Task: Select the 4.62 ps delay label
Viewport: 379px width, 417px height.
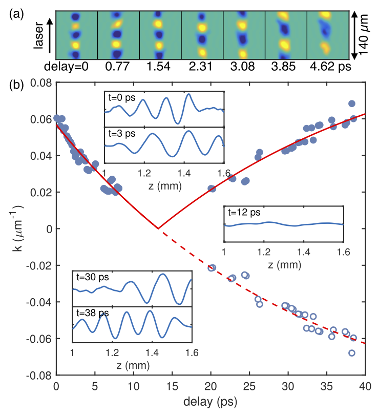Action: point(328,67)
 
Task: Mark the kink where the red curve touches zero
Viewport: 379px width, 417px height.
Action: point(158,228)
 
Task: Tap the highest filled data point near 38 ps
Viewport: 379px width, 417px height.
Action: point(352,103)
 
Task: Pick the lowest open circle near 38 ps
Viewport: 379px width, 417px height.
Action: point(352,353)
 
